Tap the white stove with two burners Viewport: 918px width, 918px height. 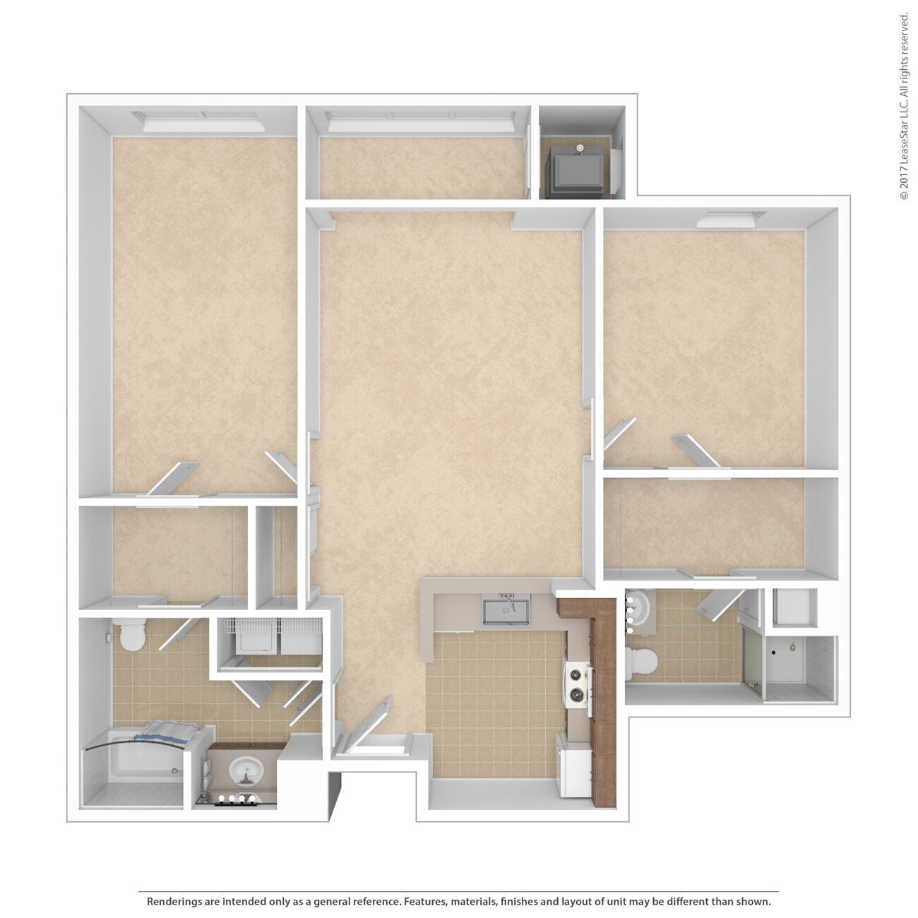[578, 684]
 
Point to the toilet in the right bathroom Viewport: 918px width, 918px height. [642, 662]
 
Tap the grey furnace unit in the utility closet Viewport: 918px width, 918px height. [578, 172]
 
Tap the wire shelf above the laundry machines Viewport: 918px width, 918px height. [268, 625]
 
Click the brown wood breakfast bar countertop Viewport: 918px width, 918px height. [602, 692]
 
